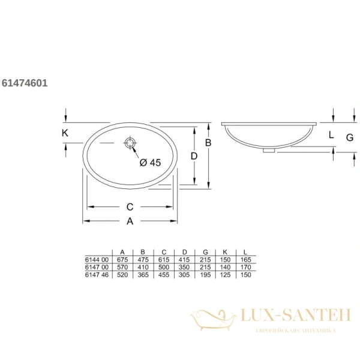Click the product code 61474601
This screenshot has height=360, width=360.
click(25, 83)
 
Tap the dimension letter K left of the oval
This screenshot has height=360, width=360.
click(65, 133)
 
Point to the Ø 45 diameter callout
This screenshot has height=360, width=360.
click(150, 162)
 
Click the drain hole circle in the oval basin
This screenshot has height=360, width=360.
click(130, 144)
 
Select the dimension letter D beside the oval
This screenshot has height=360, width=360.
click(194, 156)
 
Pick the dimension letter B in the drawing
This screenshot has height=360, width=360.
click(208, 142)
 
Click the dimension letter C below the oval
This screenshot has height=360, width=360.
click(130, 207)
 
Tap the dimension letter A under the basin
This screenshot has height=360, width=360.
click(130, 221)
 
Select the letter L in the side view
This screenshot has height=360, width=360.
click(331, 135)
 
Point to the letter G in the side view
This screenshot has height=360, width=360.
click(349, 137)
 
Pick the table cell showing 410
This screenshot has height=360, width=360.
click(143, 267)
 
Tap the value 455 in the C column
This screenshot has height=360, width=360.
click(163, 274)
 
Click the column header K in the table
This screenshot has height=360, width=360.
click(225, 252)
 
